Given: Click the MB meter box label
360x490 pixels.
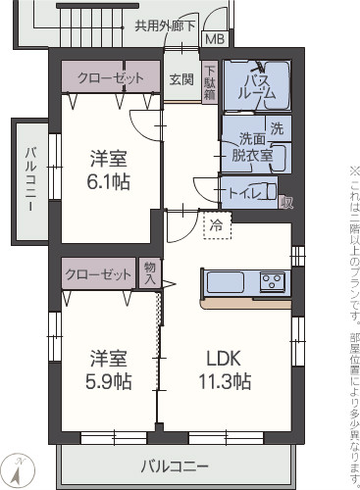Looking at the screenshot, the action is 213,40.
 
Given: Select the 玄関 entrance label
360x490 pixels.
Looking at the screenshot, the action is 180,78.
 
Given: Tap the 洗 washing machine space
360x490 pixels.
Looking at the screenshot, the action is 277,128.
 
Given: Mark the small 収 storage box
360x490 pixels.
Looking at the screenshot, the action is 286,203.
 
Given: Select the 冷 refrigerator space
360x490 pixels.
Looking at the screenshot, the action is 215,224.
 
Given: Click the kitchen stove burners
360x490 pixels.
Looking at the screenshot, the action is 272,282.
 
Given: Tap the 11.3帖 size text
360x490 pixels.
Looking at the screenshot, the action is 226,381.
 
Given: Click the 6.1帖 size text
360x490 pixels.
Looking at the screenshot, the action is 109,181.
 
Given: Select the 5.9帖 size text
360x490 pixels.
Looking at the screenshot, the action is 109,382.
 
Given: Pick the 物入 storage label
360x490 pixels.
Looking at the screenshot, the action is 149,273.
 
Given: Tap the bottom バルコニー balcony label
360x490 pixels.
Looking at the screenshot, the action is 174,465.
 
